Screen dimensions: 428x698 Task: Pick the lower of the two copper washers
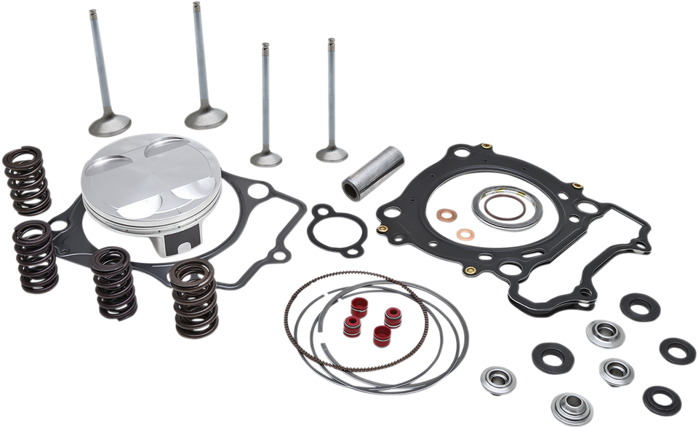465,234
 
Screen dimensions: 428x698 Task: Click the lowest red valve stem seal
380,337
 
